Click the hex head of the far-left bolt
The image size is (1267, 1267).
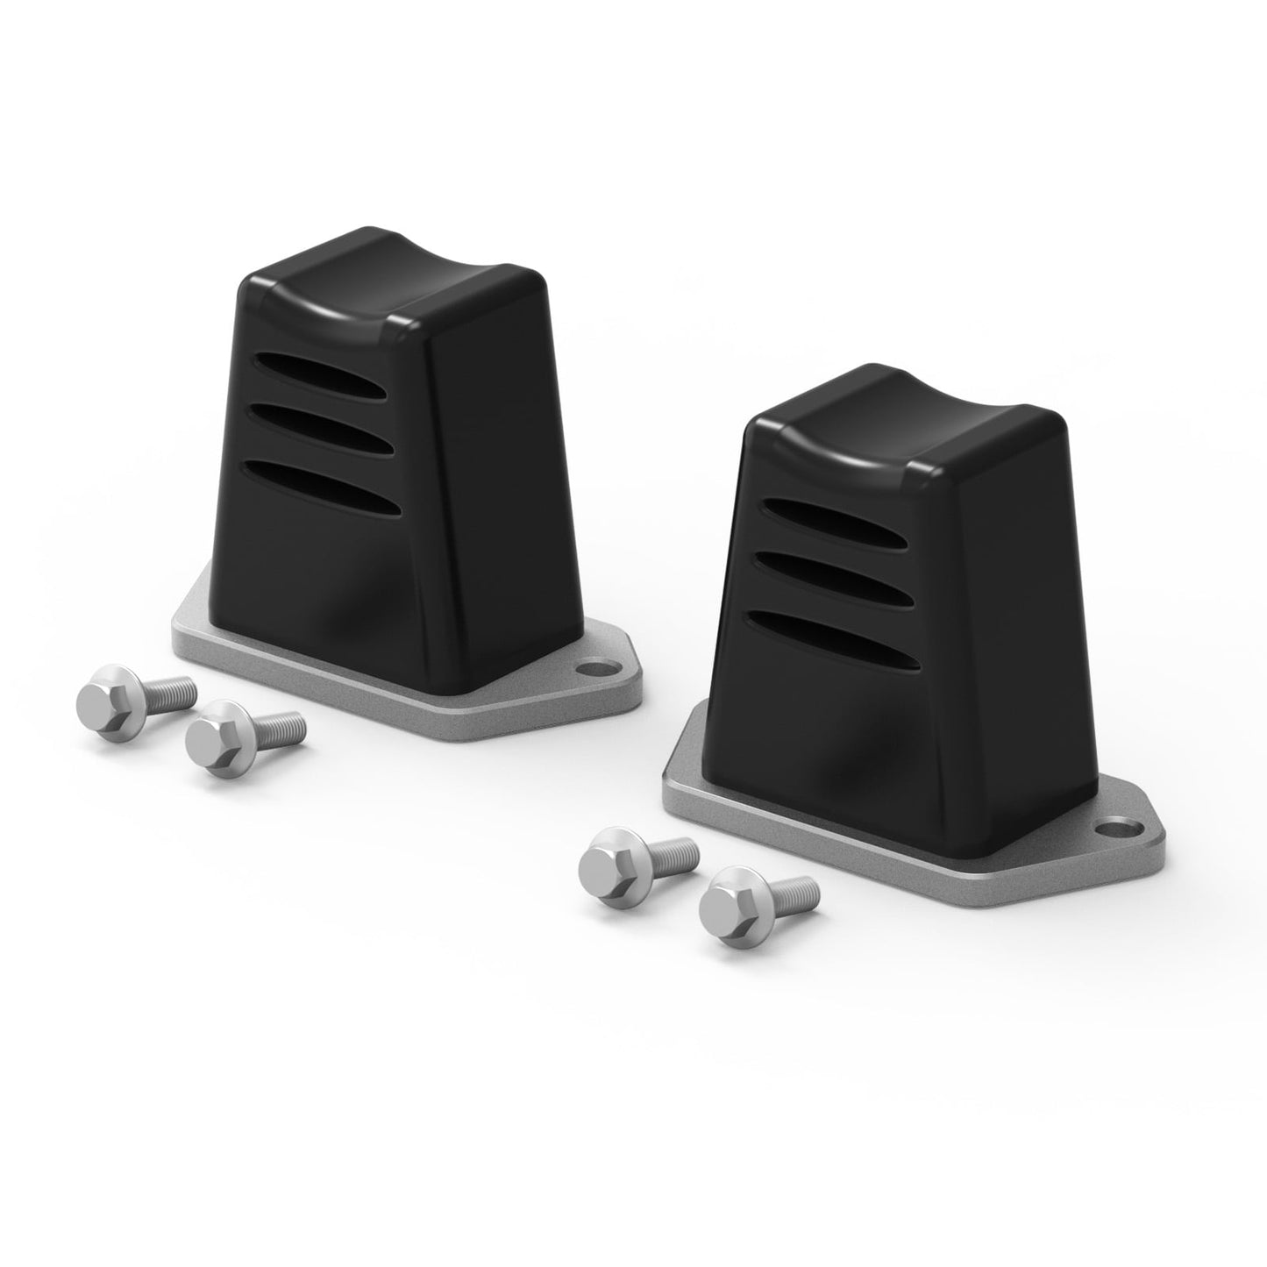tap(101, 700)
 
